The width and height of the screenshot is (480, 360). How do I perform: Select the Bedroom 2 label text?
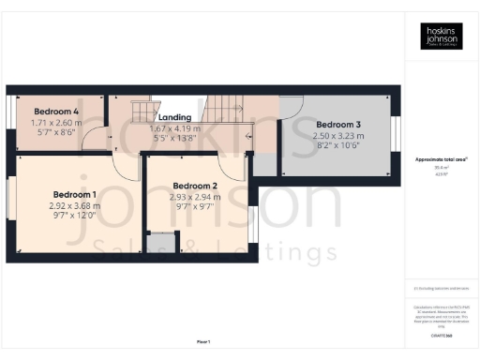196,186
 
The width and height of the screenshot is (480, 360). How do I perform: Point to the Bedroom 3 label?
337,124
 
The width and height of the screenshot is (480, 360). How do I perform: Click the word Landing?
174,116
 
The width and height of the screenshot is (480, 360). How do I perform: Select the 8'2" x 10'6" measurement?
337,146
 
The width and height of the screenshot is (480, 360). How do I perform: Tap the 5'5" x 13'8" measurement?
175,138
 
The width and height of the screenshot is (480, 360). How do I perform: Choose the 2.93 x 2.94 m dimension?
195,197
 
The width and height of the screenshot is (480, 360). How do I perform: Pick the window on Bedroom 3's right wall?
395,133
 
